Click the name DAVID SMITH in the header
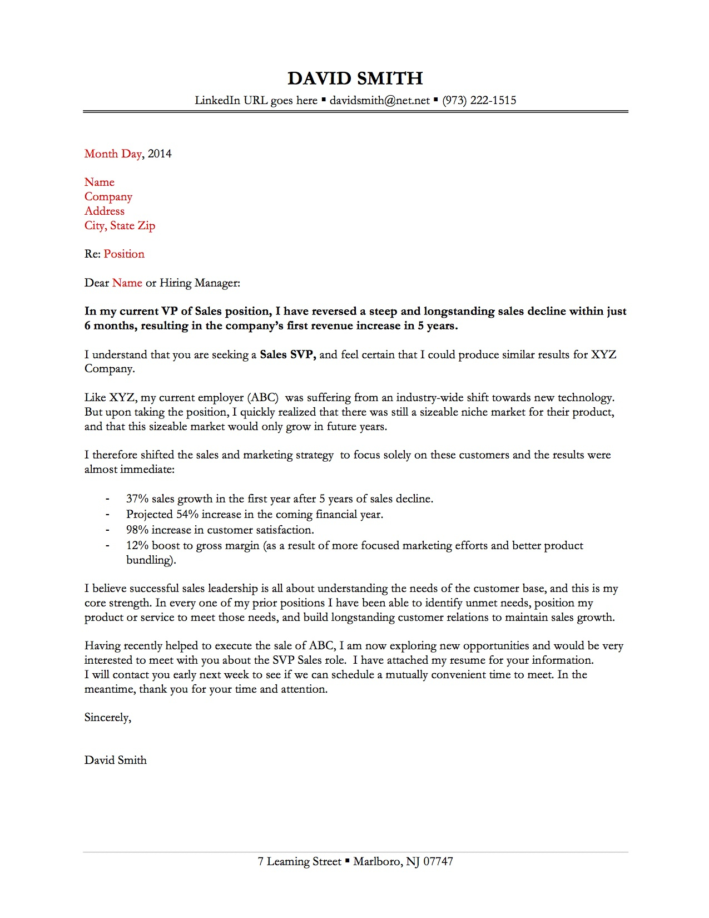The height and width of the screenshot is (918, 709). tap(355, 78)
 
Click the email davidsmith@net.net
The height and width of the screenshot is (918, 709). tap(380, 101)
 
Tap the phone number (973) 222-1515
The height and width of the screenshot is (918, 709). tap(479, 101)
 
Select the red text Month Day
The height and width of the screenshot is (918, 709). tap(113, 154)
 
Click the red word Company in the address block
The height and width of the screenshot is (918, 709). tap(108, 197)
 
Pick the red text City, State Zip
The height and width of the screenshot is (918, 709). tap(120, 226)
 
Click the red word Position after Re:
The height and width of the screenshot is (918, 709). tap(124, 254)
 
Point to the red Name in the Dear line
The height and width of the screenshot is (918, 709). tap(127, 283)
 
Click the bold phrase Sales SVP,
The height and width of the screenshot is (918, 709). tap(287, 355)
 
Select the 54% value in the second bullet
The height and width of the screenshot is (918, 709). tap(187, 515)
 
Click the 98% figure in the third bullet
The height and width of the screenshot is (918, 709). tap(137, 530)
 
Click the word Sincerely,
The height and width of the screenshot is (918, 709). tap(108, 718)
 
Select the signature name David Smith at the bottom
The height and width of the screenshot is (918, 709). tap(116, 761)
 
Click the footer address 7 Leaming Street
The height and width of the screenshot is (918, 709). tap(299, 862)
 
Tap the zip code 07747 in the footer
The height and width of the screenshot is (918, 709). tap(438, 862)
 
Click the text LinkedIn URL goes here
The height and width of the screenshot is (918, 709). tap(256, 101)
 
